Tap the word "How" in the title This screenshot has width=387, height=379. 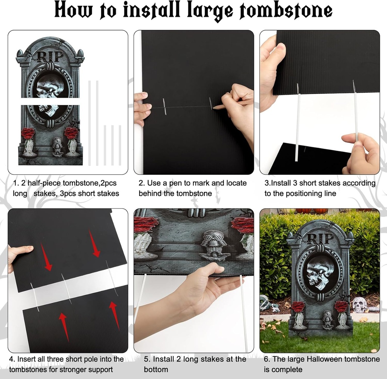(x=73, y=11)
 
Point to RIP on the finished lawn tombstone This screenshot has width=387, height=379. (x=320, y=239)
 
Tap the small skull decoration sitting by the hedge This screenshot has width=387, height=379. (x=359, y=304)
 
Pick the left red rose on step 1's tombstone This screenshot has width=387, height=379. (x=28, y=133)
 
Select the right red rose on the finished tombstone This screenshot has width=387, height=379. (x=341, y=306)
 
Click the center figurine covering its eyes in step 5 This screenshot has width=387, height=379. (x=215, y=243)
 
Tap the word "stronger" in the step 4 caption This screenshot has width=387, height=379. (x=73, y=370)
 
